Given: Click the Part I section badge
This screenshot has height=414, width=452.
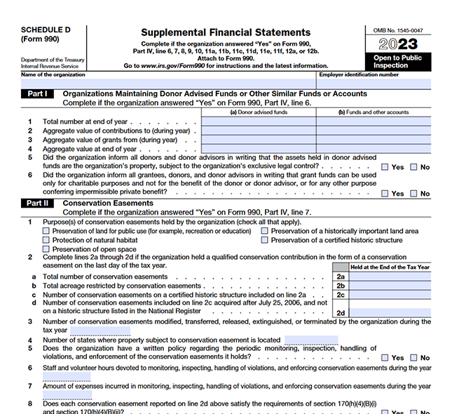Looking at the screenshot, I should click(37, 93).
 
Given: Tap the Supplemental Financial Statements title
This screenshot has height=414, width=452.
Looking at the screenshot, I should click(225, 32).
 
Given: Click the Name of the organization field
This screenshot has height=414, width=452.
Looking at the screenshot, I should click(168, 83).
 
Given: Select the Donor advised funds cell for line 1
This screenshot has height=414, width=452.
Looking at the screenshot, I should click(259, 121).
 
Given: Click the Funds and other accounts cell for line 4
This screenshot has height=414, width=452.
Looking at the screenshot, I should click(374, 149).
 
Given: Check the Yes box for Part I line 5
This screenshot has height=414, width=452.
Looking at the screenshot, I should click(386, 167).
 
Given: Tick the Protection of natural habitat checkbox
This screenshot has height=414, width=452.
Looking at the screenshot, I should click(46, 240).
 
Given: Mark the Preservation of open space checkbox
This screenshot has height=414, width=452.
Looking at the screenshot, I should click(46, 249).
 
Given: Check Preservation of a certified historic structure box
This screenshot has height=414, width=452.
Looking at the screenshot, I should click(265, 240).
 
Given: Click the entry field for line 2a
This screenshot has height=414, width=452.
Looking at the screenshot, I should click(390, 276).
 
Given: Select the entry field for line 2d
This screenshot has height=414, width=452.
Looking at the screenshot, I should click(390, 312).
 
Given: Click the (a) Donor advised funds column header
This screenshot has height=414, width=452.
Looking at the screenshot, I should click(259, 112).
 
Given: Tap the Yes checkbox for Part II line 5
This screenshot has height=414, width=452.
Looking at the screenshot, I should click(386, 358).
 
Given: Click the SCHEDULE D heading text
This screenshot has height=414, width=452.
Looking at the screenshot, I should click(46, 30).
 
